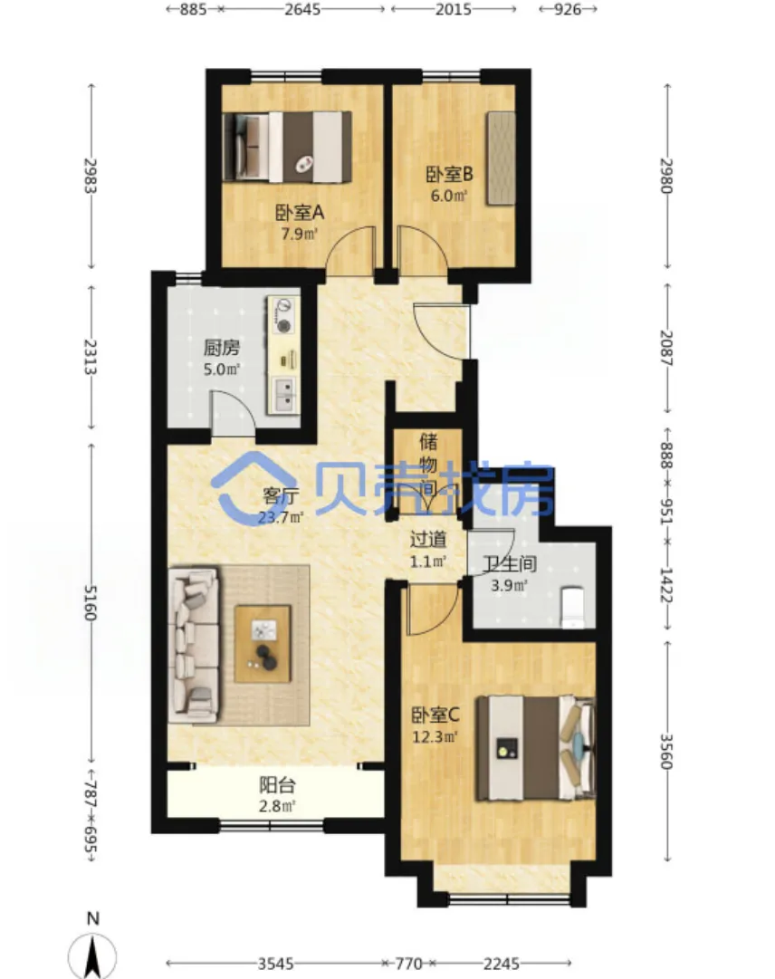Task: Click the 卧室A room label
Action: [x=301, y=214]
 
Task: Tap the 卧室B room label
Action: [x=449, y=174]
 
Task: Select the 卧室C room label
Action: [x=435, y=715]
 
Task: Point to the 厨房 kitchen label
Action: [x=222, y=347]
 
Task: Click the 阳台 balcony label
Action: [x=277, y=785]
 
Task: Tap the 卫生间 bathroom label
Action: [x=510, y=564]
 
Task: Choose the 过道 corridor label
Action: [x=428, y=539]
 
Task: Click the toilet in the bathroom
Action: [x=572, y=607]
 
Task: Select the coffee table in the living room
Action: [x=263, y=644]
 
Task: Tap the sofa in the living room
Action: [x=194, y=644]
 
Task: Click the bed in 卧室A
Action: [x=287, y=147]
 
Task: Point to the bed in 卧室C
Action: [x=536, y=748]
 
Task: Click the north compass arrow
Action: [x=92, y=955]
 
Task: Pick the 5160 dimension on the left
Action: [x=91, y=602]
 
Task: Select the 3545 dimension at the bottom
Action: [x=275, y=964]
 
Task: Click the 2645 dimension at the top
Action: [x=302, y=9]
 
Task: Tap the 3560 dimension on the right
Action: [x=667, y=751]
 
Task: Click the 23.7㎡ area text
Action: [x=281, y=518]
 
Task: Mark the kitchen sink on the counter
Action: [x=284, y=395]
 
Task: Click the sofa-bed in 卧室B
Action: [x=501, y=158]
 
